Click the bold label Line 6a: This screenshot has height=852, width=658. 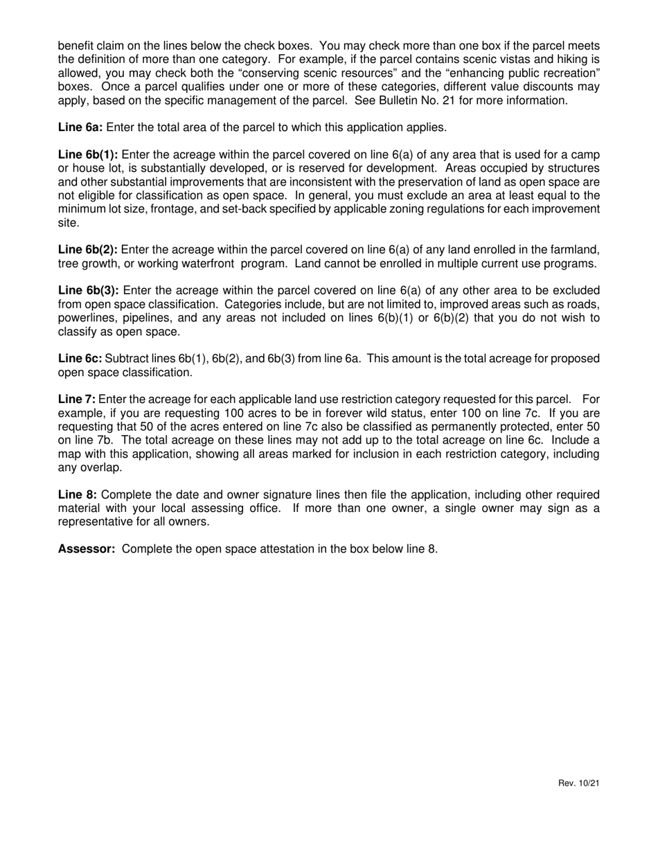[79, 127]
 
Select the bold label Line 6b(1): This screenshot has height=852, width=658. [88, 154]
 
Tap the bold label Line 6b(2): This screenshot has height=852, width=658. [88, 249]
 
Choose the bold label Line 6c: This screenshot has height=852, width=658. [80, 358]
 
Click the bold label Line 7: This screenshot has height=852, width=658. [76, 399]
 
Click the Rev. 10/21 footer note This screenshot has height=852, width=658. [578, 783]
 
